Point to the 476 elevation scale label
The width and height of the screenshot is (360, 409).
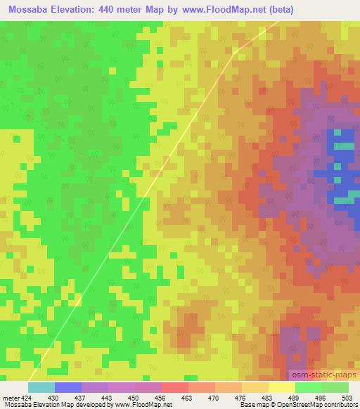tap(241, 397)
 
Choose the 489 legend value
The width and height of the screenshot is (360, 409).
tap(294, 397)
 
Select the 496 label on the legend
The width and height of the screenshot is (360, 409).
tap(320, 397)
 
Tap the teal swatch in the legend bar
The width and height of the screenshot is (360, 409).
tap(41, 387)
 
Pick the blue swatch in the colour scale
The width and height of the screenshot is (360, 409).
tap(67, 387)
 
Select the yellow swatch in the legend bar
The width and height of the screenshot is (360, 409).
tap(281, 387)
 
